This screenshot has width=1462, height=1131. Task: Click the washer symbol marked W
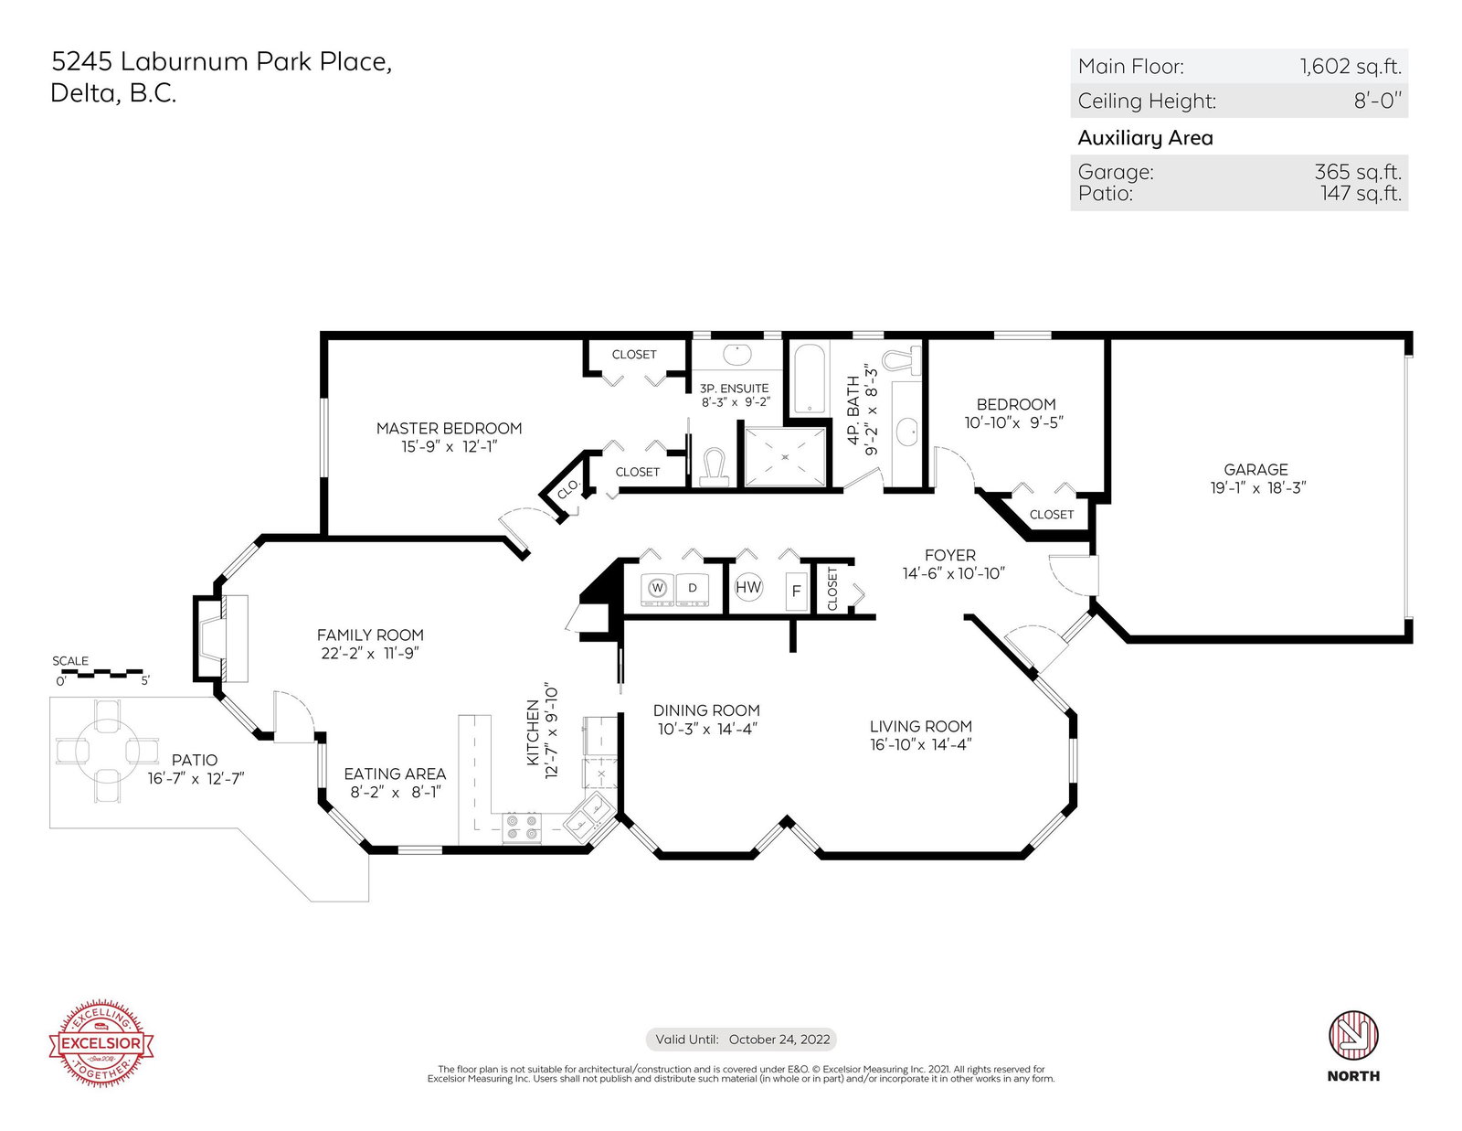(x=657, y=589)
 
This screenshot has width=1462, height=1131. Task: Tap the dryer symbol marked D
(x=693, y=589)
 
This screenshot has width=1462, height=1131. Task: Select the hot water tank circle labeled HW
(x=748, y=587)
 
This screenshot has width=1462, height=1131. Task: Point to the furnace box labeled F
(x=797, y=591)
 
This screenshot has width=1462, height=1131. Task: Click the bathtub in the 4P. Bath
(x=810, y=379)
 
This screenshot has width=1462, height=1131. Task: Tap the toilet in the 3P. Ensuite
(x=714, y=467)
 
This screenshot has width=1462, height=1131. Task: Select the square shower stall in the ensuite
(x=785, y=457)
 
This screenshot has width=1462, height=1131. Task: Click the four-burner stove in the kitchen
(x=522, y=827)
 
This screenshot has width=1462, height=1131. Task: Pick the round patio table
(x=107, y=751)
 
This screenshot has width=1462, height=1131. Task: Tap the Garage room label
(x=1255, y=469)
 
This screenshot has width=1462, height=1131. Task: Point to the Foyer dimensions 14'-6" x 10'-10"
(x=953, y=573)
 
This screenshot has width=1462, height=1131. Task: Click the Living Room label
(x=920, y=726)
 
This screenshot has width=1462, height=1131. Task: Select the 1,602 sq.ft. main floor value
(x=1351, y=66)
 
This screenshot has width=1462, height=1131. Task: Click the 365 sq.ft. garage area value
(x=1359, y=172)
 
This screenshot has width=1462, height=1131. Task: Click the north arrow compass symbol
(x=1353, y=1035)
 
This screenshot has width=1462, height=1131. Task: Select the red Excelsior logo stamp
(x=101, y=1043)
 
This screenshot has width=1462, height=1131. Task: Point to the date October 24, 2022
(x=779, y=1040)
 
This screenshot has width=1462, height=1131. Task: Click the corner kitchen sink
(x=588, y=816)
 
